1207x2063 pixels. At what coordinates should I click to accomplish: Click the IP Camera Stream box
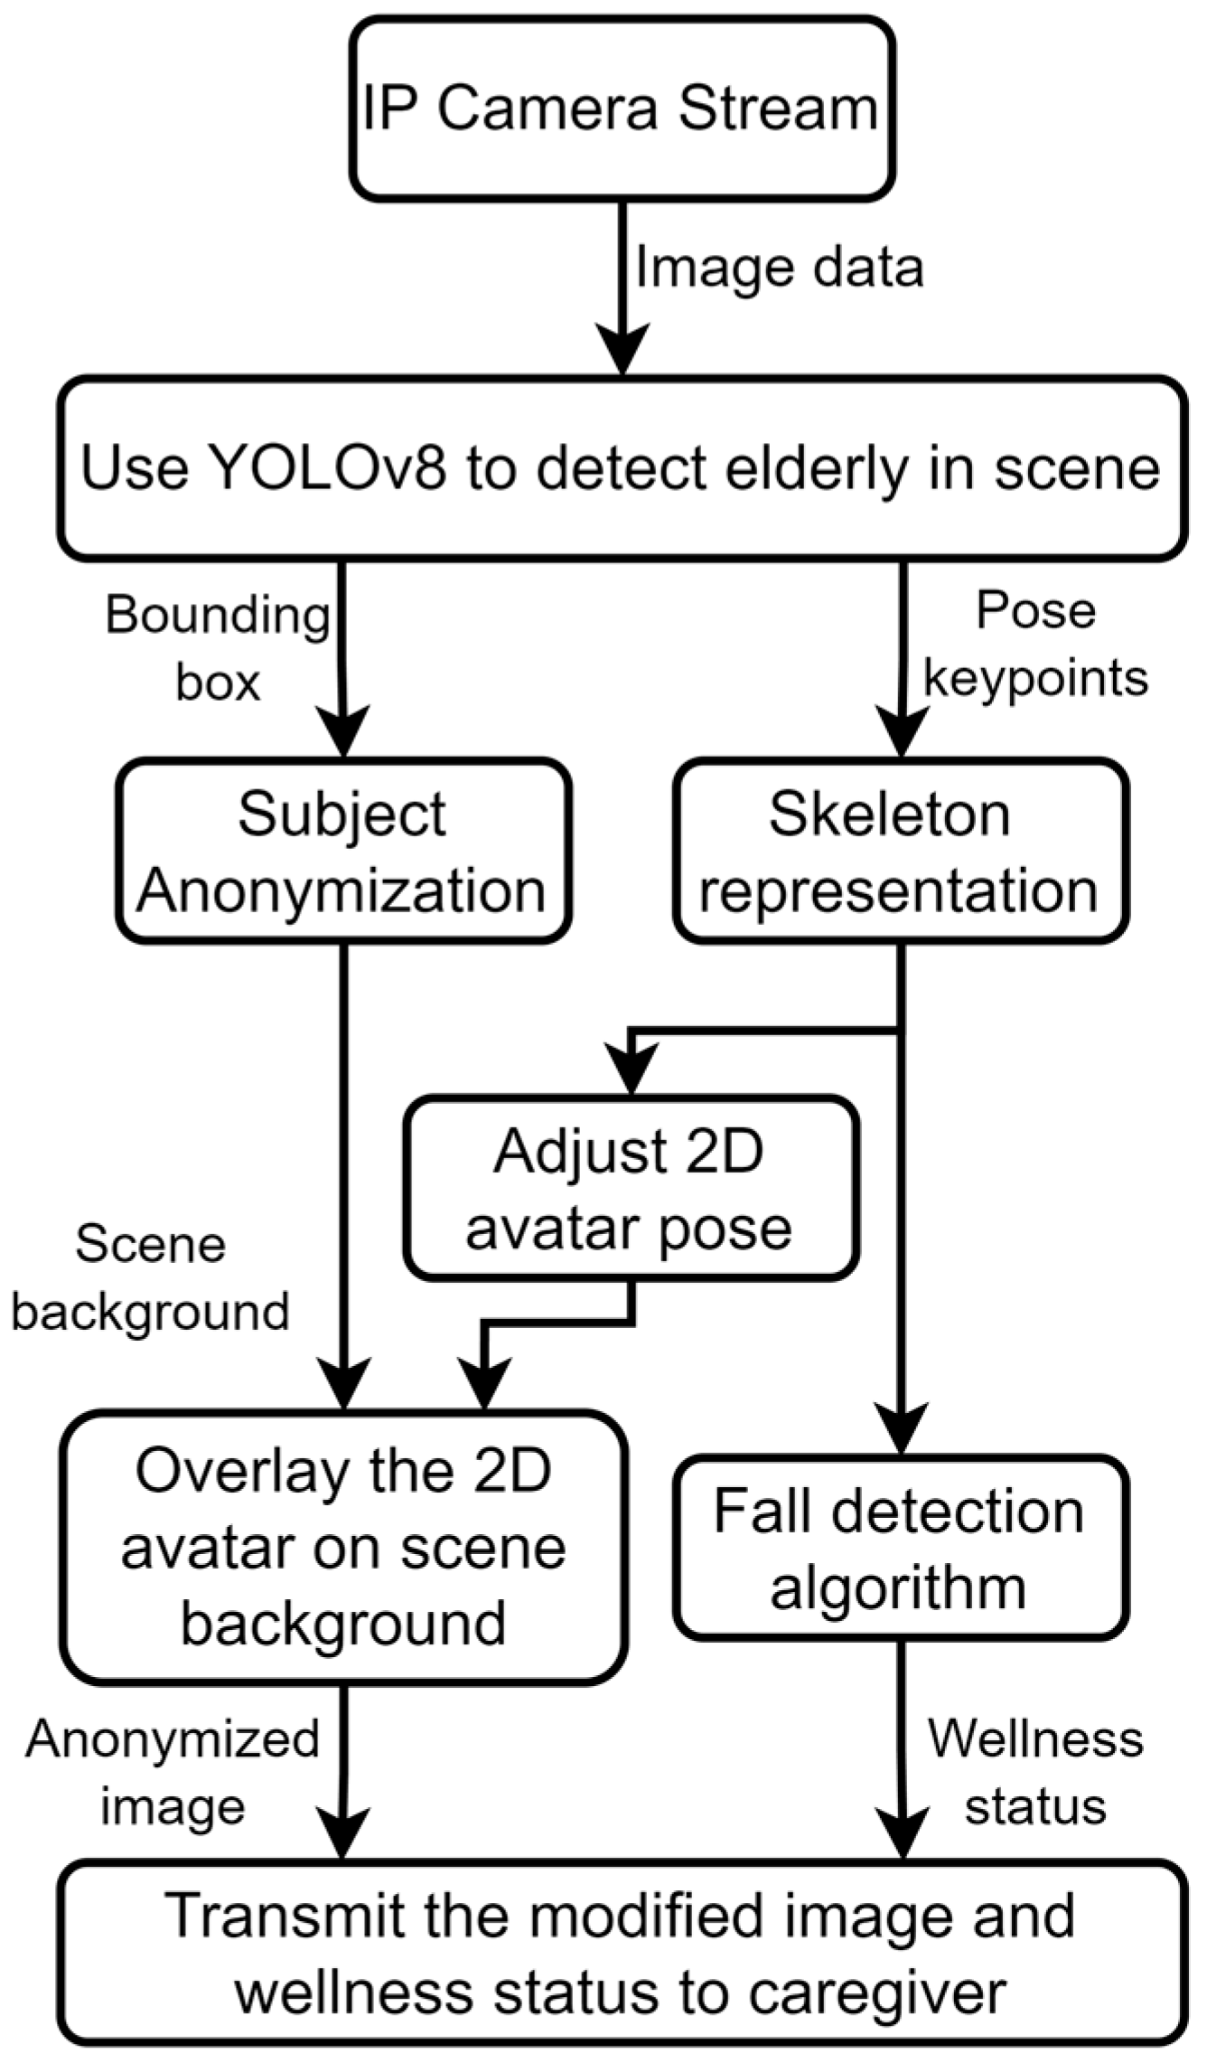(x=622, y=108)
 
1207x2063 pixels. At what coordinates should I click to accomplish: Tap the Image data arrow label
(x=779, y=268)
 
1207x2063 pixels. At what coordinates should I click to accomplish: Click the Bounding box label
(x=217, y=647)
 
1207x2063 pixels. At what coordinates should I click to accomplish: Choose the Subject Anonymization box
(x=342, y=852)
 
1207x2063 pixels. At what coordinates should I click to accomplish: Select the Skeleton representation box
(x=899, y=852)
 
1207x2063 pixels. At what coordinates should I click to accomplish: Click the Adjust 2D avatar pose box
(x=630, y=1188)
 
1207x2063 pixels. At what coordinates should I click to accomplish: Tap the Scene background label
(x=150, y=1278)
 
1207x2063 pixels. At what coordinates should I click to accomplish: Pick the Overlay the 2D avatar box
(x=343, y=1548)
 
